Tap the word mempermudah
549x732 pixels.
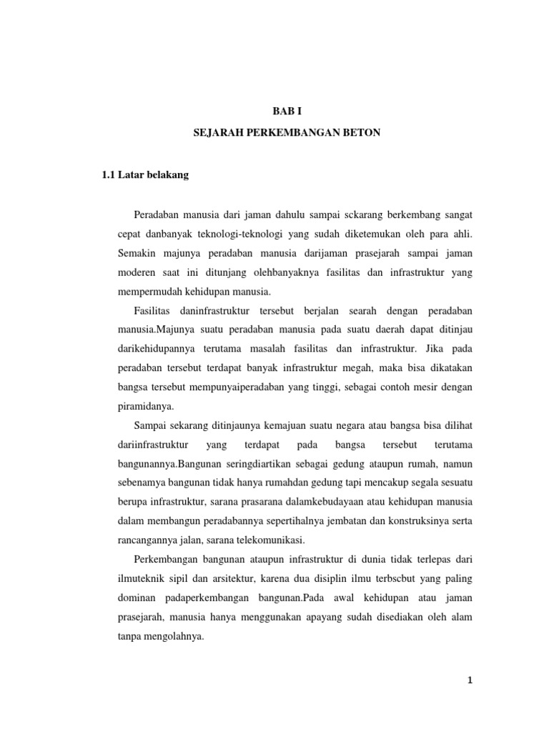(x=151, y=292)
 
